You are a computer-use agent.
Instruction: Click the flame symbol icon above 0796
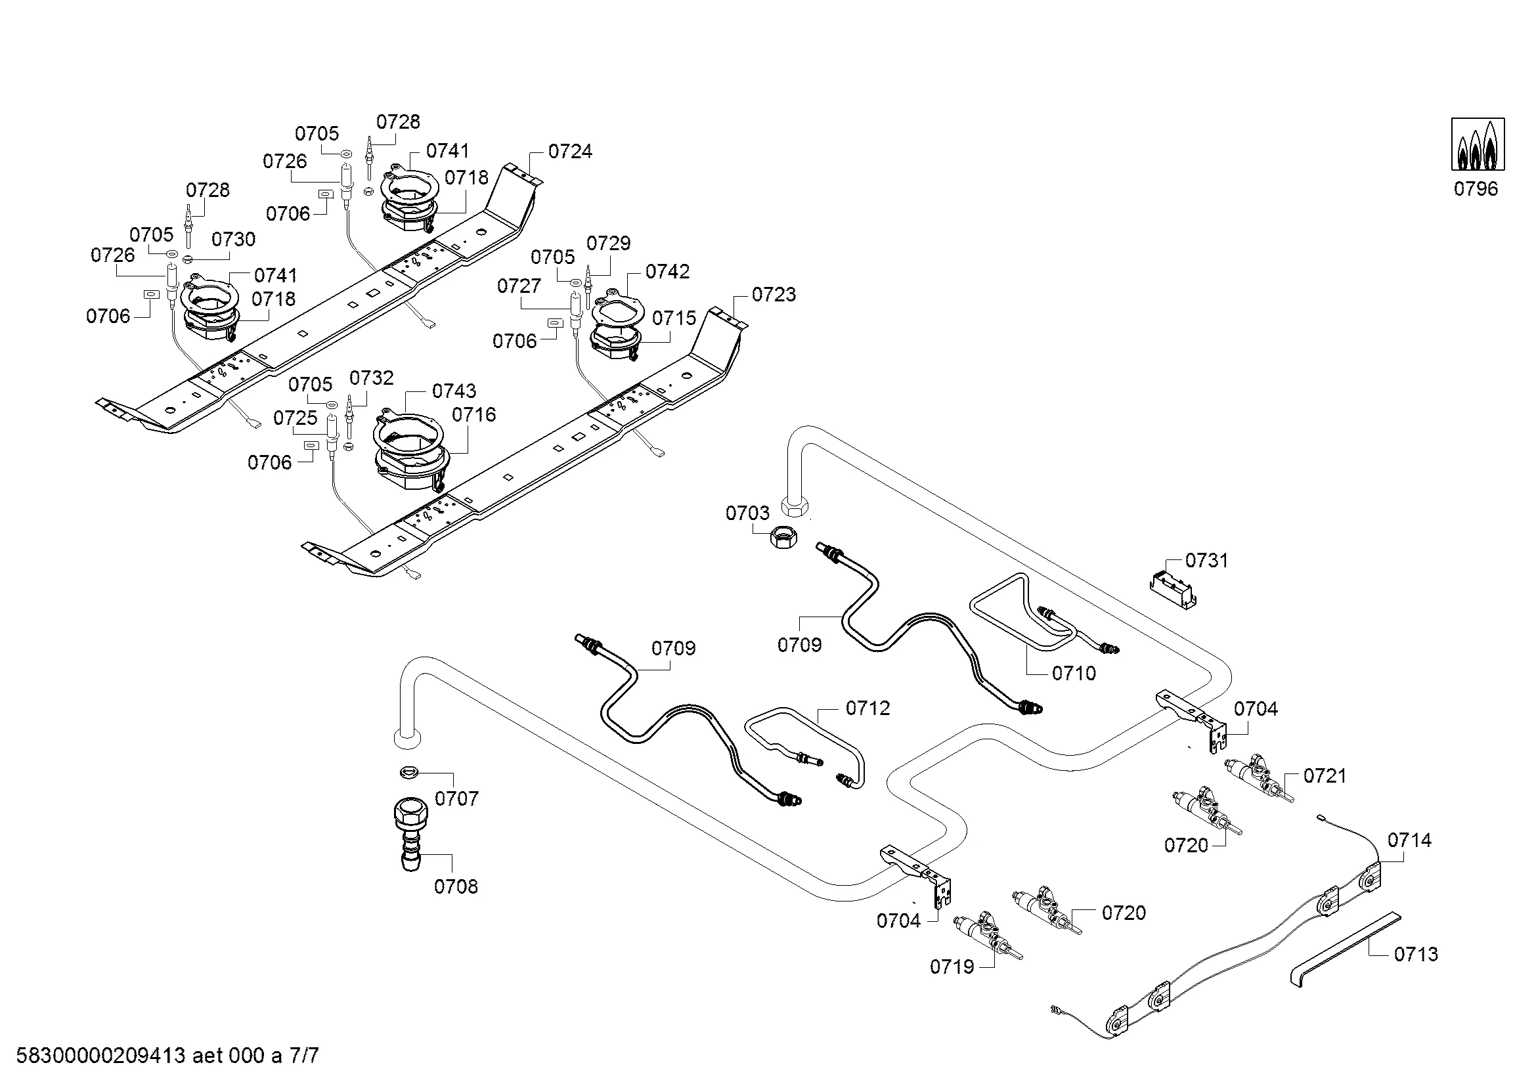pyautogui.click(x=1477, y=144)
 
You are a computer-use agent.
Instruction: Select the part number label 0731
pyautogui.click(x=1207, y=560)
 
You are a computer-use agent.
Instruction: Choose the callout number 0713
pyautogui.click(x=1416, y=954)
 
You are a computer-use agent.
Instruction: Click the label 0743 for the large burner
pyautogui.click(x=454, y=391)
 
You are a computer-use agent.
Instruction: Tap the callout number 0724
pyautogui.click(x=570, y=152)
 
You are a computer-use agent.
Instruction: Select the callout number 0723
pyautogui.click(x=774, y=294)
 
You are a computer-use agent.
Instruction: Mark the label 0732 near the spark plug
pyautogui.click(x=371, y=378)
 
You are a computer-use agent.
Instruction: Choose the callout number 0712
pyautogui.click(x=867, y=708)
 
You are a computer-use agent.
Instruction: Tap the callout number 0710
pyautogui.click(x=1074, y=674)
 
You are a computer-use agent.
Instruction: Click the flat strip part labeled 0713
pyautogui.click(x=1345, y=949)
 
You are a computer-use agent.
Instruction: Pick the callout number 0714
pyautogui.click(x=1409, y=840)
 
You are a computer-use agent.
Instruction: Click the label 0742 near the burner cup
pyautogui.click(x=667, y=272)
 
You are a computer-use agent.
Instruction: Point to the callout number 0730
pyautogui.click(x=234, y=240)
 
